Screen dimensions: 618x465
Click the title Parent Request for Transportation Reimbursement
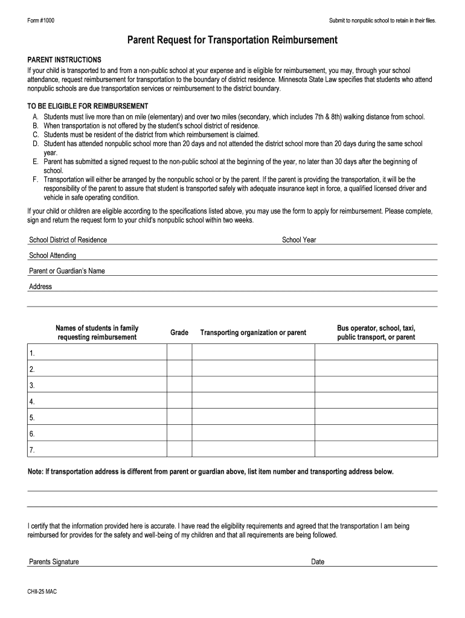pyautogui.click(x=232, y=40)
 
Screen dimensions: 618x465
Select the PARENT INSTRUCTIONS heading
pyautogui.click(x=65, y=60)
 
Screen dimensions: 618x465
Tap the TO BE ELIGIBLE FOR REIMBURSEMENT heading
pyautogui.click(x=88, y=106)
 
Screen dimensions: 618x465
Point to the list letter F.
pyautogui.click(x=36, y=179)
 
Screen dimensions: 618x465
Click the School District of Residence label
pyautogui.click(x=68, y=240)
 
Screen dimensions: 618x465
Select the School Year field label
pyautogui.click(x=299, y=240)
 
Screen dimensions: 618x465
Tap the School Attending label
pyautogui.click(x=53, y=256)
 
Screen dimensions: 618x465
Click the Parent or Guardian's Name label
pyautogui.click(x=67, y=272)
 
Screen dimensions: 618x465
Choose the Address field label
pyautogui.click(x=40, y=287)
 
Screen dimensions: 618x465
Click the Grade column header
pyautogui.click(x=179, y=333)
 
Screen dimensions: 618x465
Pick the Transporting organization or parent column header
pyautogui.click(x=253, y=333)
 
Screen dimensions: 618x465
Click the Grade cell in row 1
pyautogui.click(x=179, y=352)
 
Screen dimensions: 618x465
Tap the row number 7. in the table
pyautogui.click(x=31, y=450)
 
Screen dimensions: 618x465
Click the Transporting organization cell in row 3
pyautogui.click(x=253, y=385)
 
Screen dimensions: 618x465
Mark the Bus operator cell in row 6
pyautogui.click(x=376, y=434)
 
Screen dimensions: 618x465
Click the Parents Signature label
pyautogui.click(x=54, y=562)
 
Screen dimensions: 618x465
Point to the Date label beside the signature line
pyautogui.click(x=318, y=562)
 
